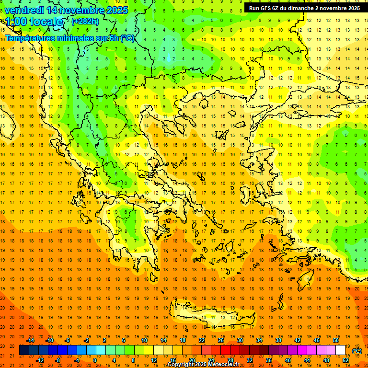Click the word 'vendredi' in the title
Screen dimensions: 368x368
click(24, 10)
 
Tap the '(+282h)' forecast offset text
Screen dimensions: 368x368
click(86, 21)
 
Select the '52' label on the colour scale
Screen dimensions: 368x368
click(346, 360)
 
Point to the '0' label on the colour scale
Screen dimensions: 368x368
click(95, 360)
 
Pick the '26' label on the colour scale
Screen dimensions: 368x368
click(221, 340)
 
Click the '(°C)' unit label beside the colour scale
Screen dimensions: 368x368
click(357, 351)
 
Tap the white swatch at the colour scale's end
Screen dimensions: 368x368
click(341, 350)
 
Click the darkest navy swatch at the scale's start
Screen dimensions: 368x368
click(24, 350)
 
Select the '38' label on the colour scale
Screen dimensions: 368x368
click(278, 340)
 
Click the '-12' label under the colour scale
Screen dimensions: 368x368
click(40, 360)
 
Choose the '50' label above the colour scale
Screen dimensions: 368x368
click(336, 340)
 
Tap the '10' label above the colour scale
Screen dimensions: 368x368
click(144, 340)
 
